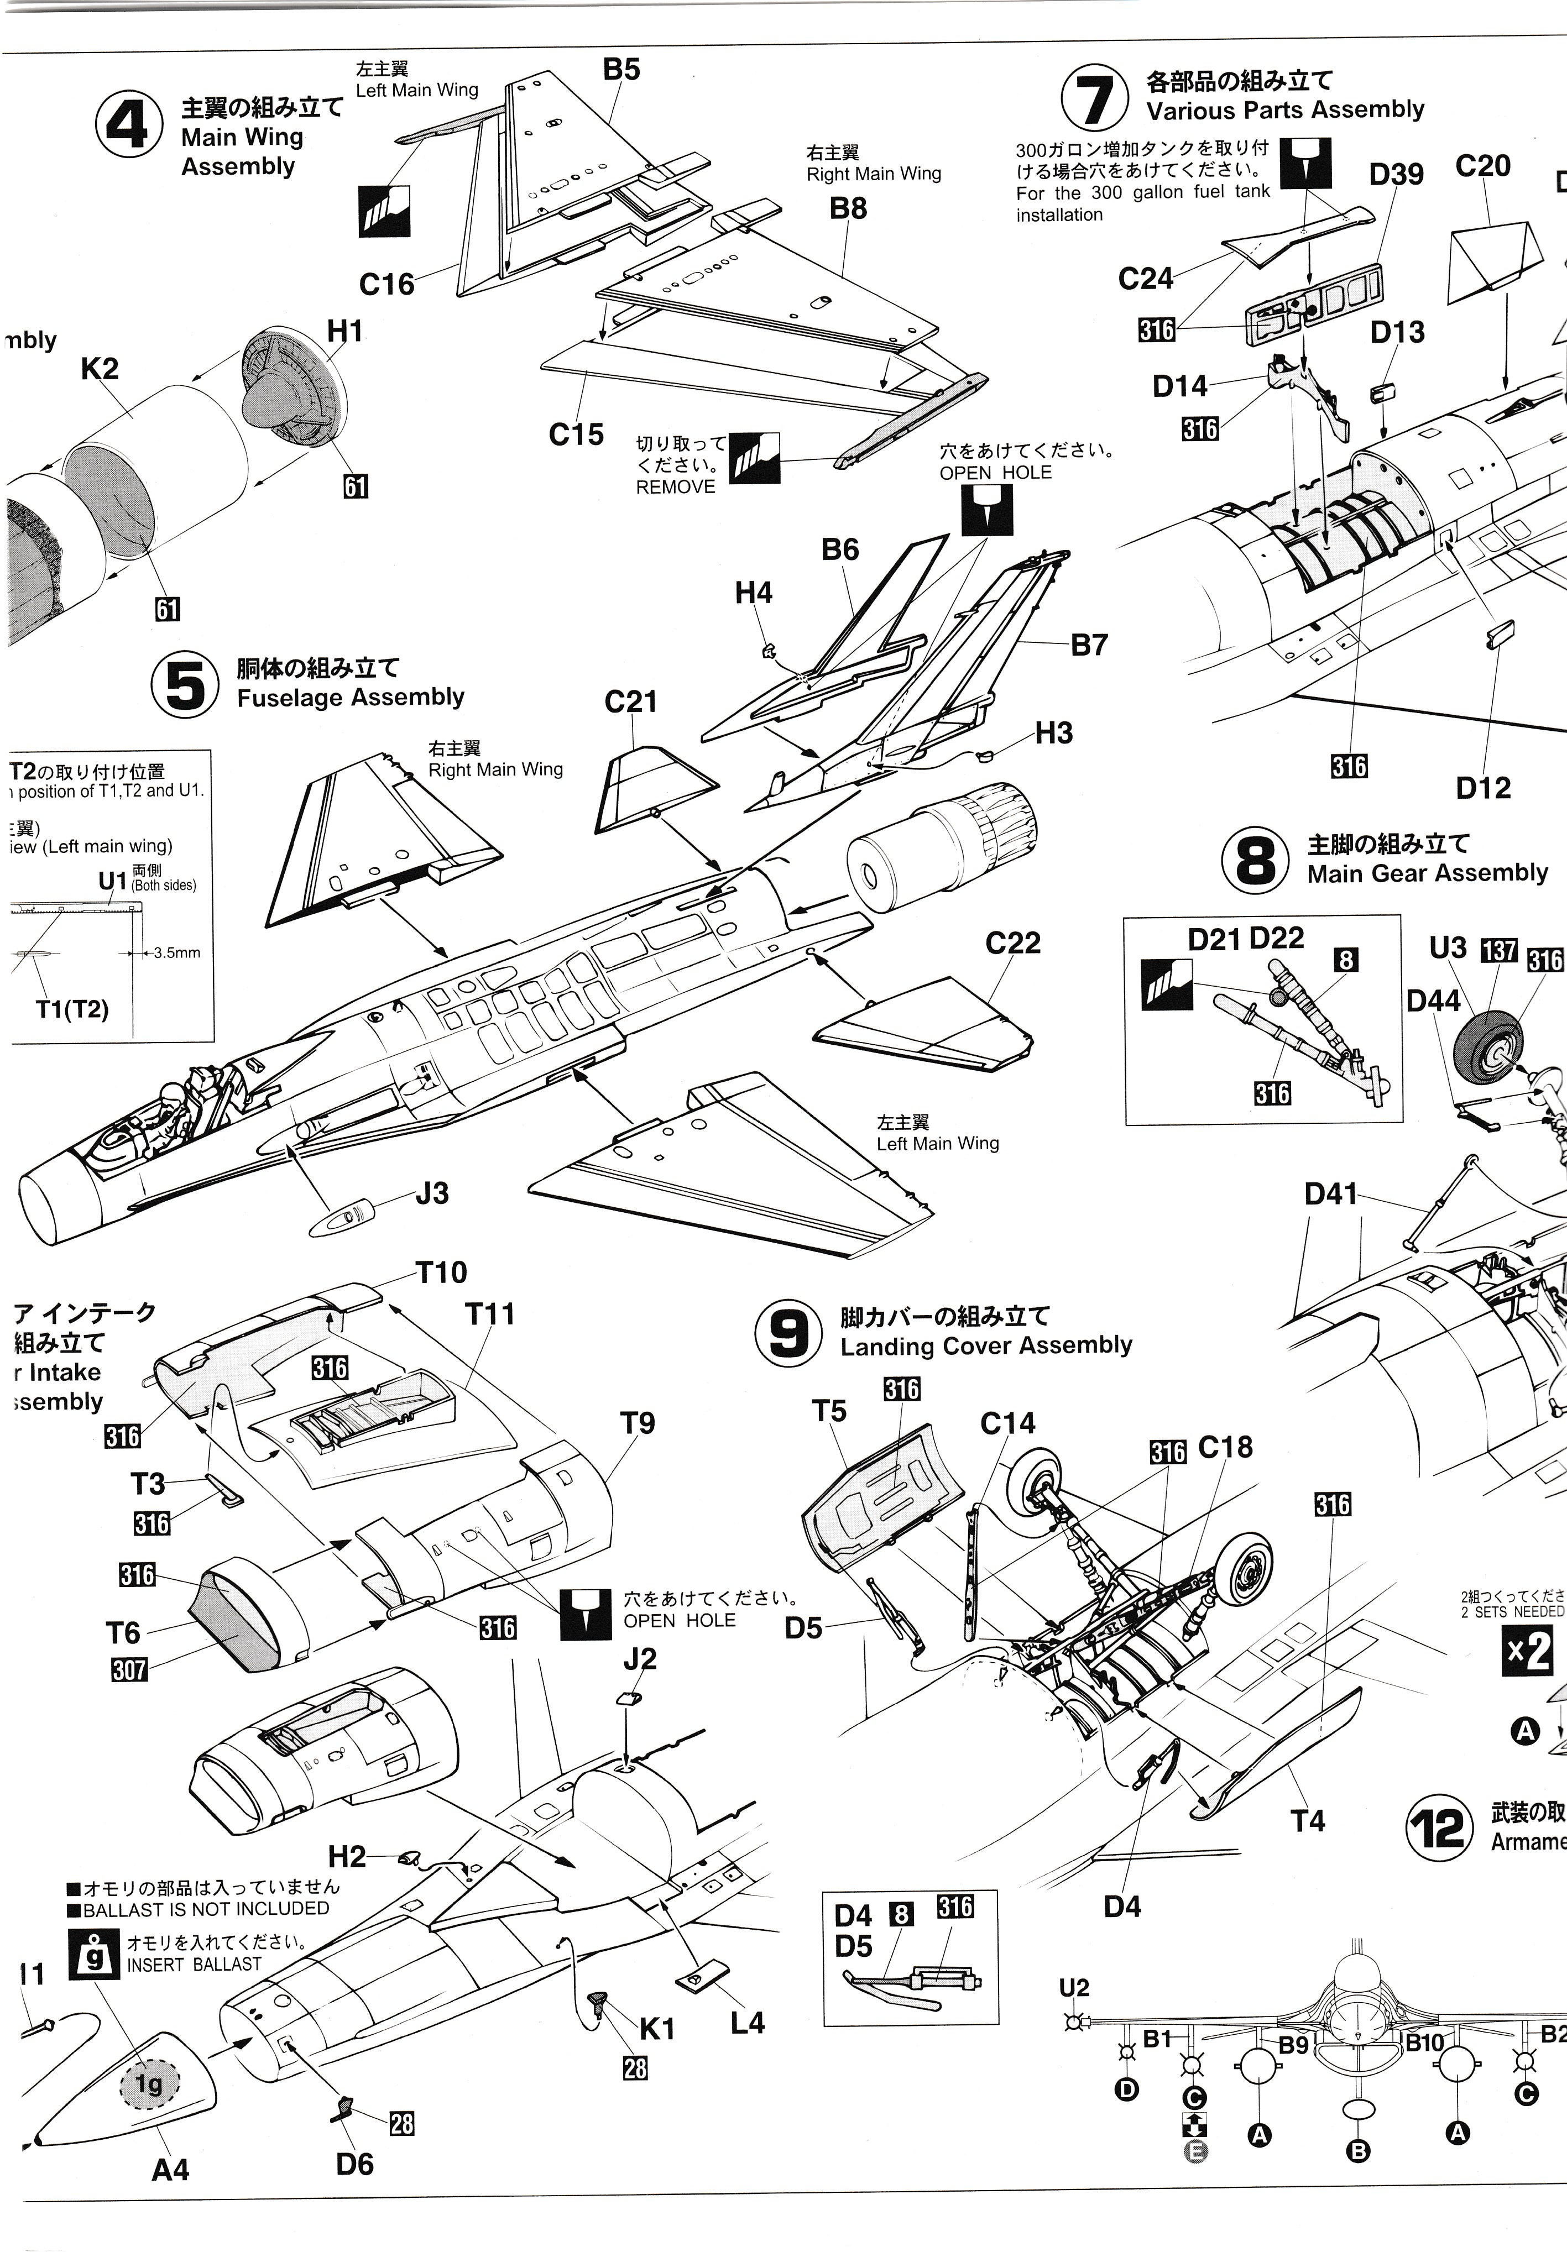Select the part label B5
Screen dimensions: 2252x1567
[x=621, y=70]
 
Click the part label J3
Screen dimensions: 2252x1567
[x=432, y=1193]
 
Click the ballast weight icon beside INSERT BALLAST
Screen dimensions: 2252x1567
[x=95, y=1954]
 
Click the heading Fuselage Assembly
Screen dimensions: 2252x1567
[x=351, y=698]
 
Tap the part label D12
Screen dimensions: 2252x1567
[x=1482, y=788]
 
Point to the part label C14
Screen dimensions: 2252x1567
[x=1007, y=1423]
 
